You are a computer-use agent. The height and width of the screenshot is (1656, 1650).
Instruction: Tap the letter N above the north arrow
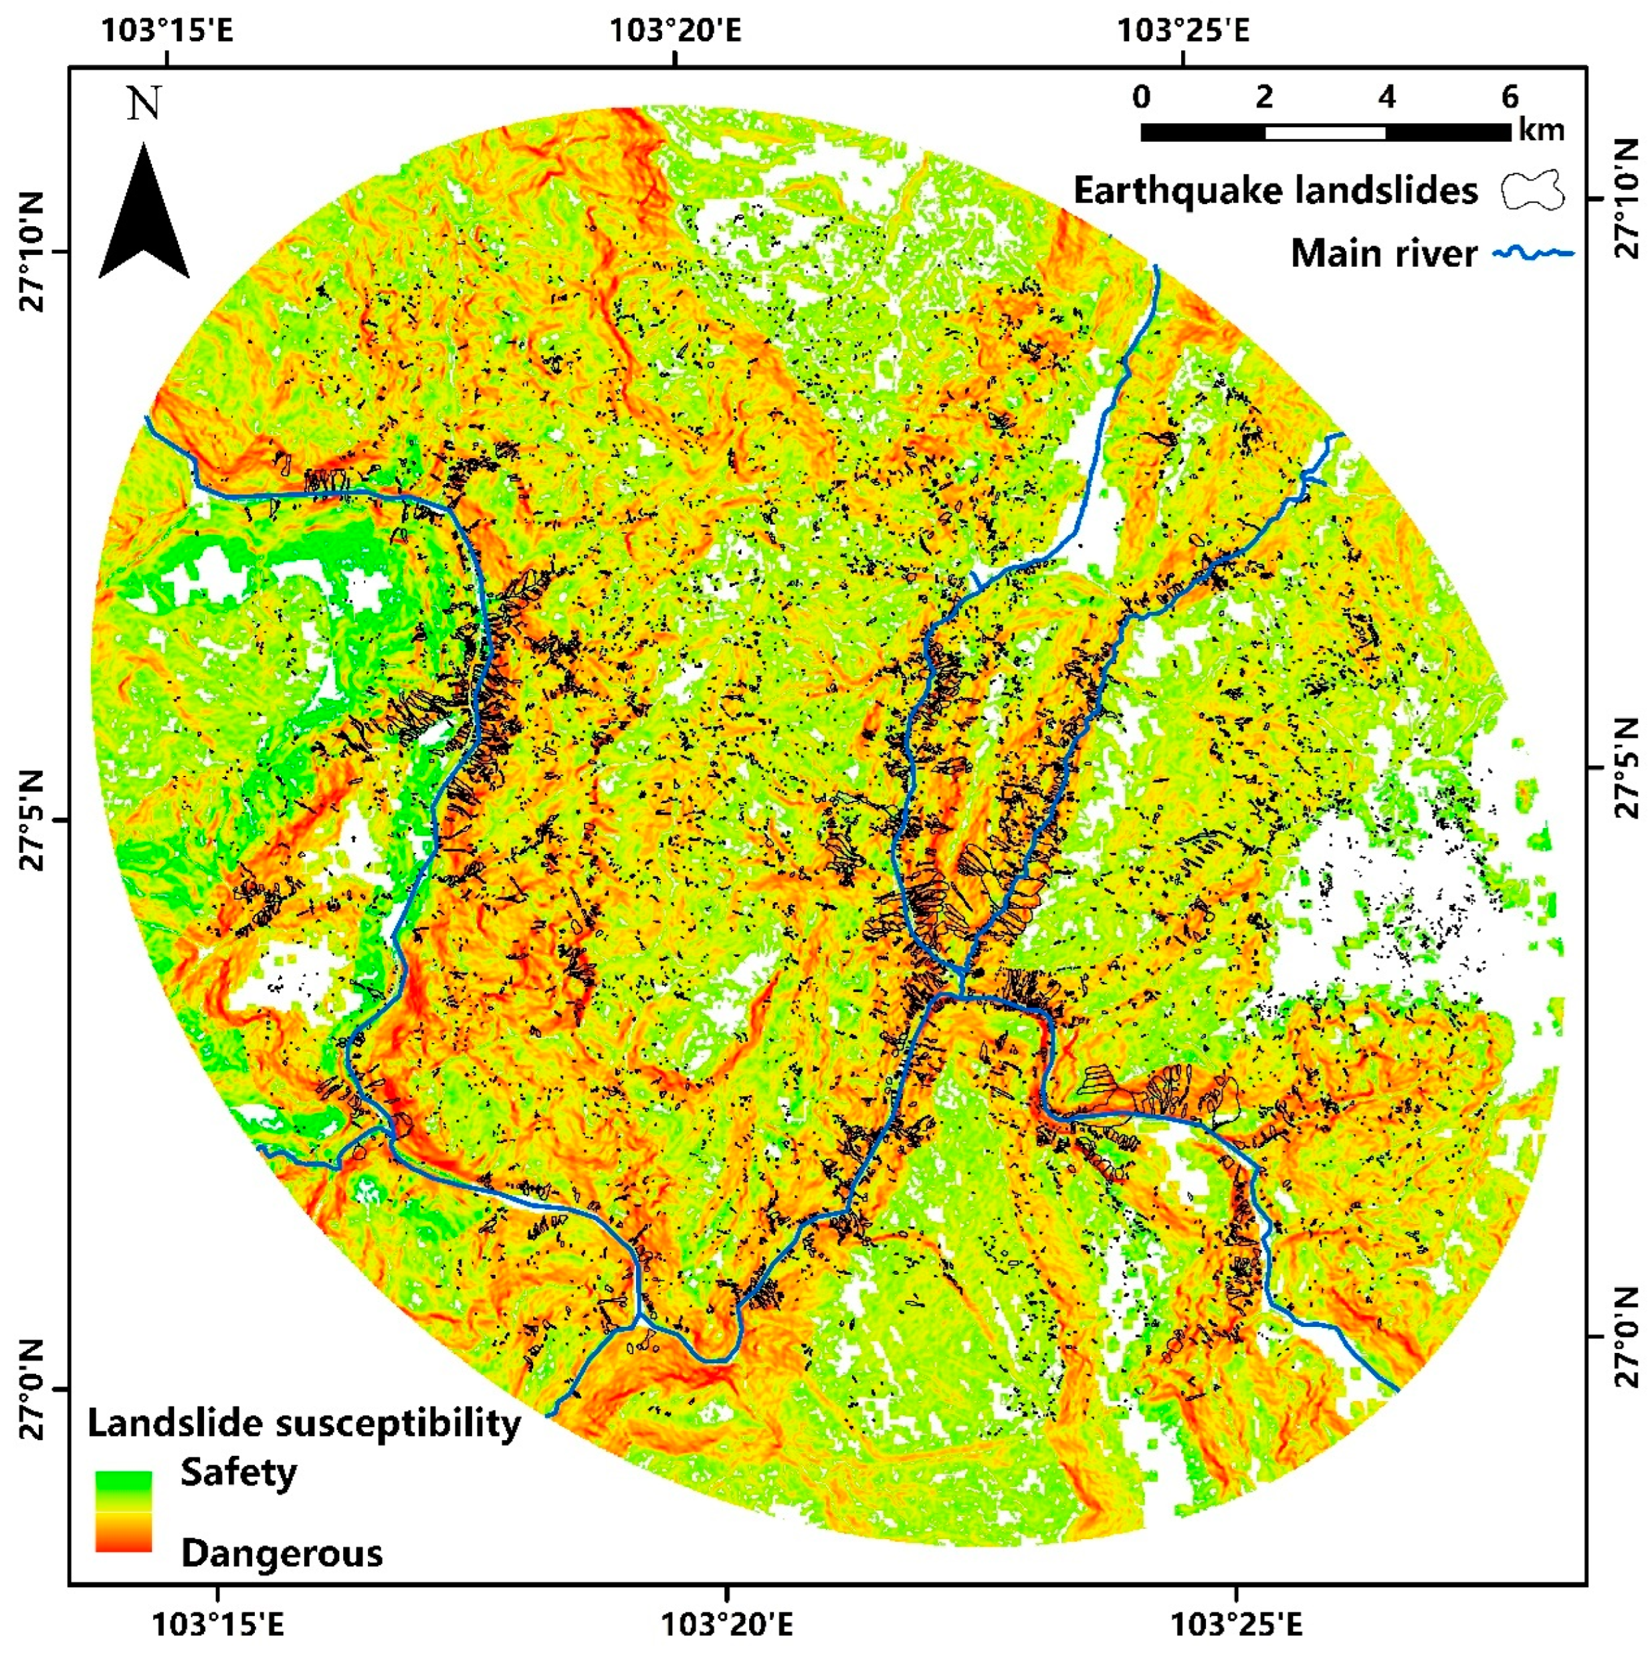pos(144,104)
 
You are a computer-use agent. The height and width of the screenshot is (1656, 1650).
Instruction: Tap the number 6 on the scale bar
pos(1510,96)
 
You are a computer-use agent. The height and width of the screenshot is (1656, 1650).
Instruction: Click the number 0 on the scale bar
pos(1141,96)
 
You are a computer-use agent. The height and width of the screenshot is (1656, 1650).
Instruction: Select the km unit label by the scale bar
pos(1541,130)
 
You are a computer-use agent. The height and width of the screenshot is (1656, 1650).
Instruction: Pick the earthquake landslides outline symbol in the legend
pos(1532,191)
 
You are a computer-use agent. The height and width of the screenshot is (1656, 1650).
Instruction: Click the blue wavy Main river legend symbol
pos(1534,253)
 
